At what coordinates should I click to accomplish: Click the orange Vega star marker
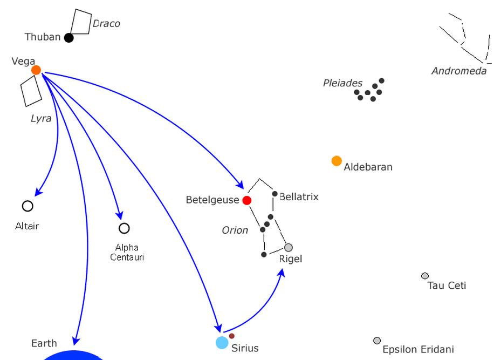pos(36,70)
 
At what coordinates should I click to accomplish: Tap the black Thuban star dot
pos(68,38)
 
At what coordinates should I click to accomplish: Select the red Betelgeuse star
pos(247,200)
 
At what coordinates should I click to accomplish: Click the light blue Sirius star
pos(222,343)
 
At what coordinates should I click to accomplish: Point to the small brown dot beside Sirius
pos(232,336)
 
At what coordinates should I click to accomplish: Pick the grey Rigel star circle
pos(289,248)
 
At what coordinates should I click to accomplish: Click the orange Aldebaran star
pos(337,161)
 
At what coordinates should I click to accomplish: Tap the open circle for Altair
pos(28,206)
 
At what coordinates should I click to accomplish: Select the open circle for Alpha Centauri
pos(124,228)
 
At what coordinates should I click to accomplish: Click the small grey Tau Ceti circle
pos(425,276)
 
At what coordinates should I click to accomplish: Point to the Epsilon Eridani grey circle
pos(377,341)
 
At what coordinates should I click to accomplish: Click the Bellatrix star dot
pos(275,194)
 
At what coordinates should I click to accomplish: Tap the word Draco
pos(106,24)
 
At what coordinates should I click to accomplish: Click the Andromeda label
pos(459,71)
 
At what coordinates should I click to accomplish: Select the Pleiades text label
pos(342,83)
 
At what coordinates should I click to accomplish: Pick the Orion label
pos(235,230)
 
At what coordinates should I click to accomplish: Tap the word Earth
pos(44,343)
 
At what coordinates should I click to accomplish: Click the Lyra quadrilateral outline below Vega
pos(31,91)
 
